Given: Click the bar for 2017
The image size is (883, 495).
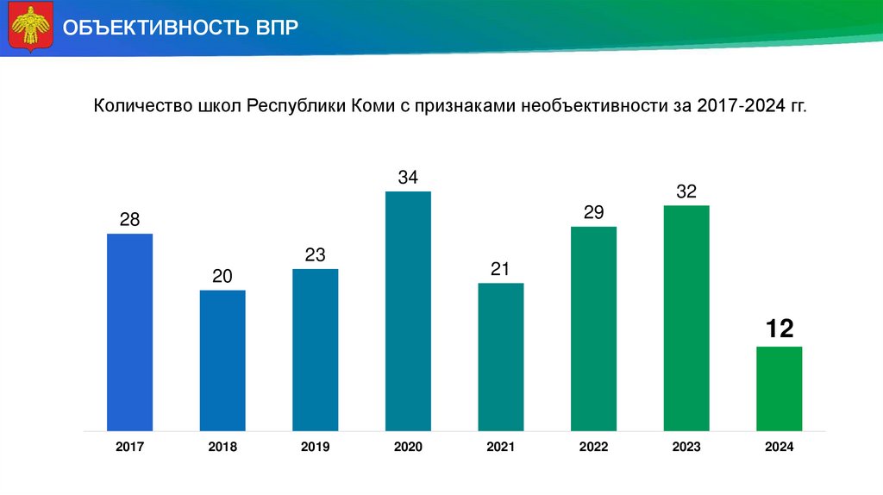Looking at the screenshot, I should pos(129,332).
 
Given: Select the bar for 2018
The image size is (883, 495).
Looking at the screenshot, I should pos(222,360).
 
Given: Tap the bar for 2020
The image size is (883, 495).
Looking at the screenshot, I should pos(408,310).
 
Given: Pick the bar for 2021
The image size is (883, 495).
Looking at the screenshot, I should pos(501,356).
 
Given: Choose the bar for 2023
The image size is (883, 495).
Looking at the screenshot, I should pos(686,317).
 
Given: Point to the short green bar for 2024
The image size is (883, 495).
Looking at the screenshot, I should pos(779,388).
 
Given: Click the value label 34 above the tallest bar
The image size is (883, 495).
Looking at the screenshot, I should pos(408,178).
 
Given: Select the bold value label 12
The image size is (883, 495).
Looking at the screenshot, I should pos(779,328).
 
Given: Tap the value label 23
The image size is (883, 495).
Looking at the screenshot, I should pos(315,255).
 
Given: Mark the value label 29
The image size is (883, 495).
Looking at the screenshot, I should pos(593,212).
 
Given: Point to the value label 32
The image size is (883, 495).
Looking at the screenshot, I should pos(686,191).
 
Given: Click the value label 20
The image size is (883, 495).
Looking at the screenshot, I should pos(222,276).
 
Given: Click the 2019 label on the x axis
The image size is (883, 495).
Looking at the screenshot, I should pos(315,447).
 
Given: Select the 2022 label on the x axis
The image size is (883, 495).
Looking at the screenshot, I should pos(593,447).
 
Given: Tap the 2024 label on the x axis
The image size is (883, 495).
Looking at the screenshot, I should pos(779,447).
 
